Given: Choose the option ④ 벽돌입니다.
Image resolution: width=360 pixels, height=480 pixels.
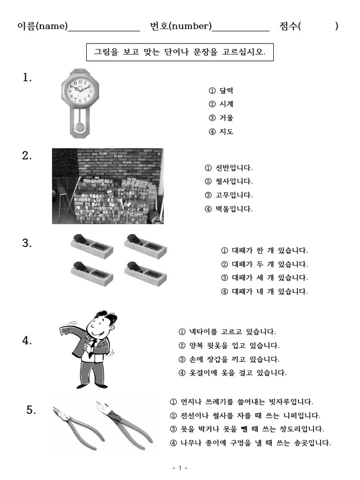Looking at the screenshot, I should pyautogui.click(x=229, y=209).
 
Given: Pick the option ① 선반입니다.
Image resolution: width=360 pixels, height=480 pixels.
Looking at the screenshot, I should pyautogui.click(x=229, y=167).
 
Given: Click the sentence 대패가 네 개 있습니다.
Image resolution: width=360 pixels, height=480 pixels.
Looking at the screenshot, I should pyautogui.click(x=265, y=292).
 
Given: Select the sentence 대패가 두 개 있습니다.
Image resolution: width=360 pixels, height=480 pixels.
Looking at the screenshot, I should pyautogui.click(x=265, y=264).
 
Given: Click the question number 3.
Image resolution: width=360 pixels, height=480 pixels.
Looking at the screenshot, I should pyautogui.click(x=27, y=243).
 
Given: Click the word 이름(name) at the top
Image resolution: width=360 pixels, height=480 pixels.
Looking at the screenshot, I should pyautogui.click(x=43, y=26).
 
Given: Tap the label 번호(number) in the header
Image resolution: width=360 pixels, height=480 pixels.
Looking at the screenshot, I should pyautogui.click(x=181, y=26).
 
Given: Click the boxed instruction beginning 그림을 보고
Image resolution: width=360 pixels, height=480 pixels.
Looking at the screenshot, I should pyautogui.click(x=180, y=52).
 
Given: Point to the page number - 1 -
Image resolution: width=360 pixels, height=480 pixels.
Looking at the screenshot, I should pyautogui.click(x=180, y=468).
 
